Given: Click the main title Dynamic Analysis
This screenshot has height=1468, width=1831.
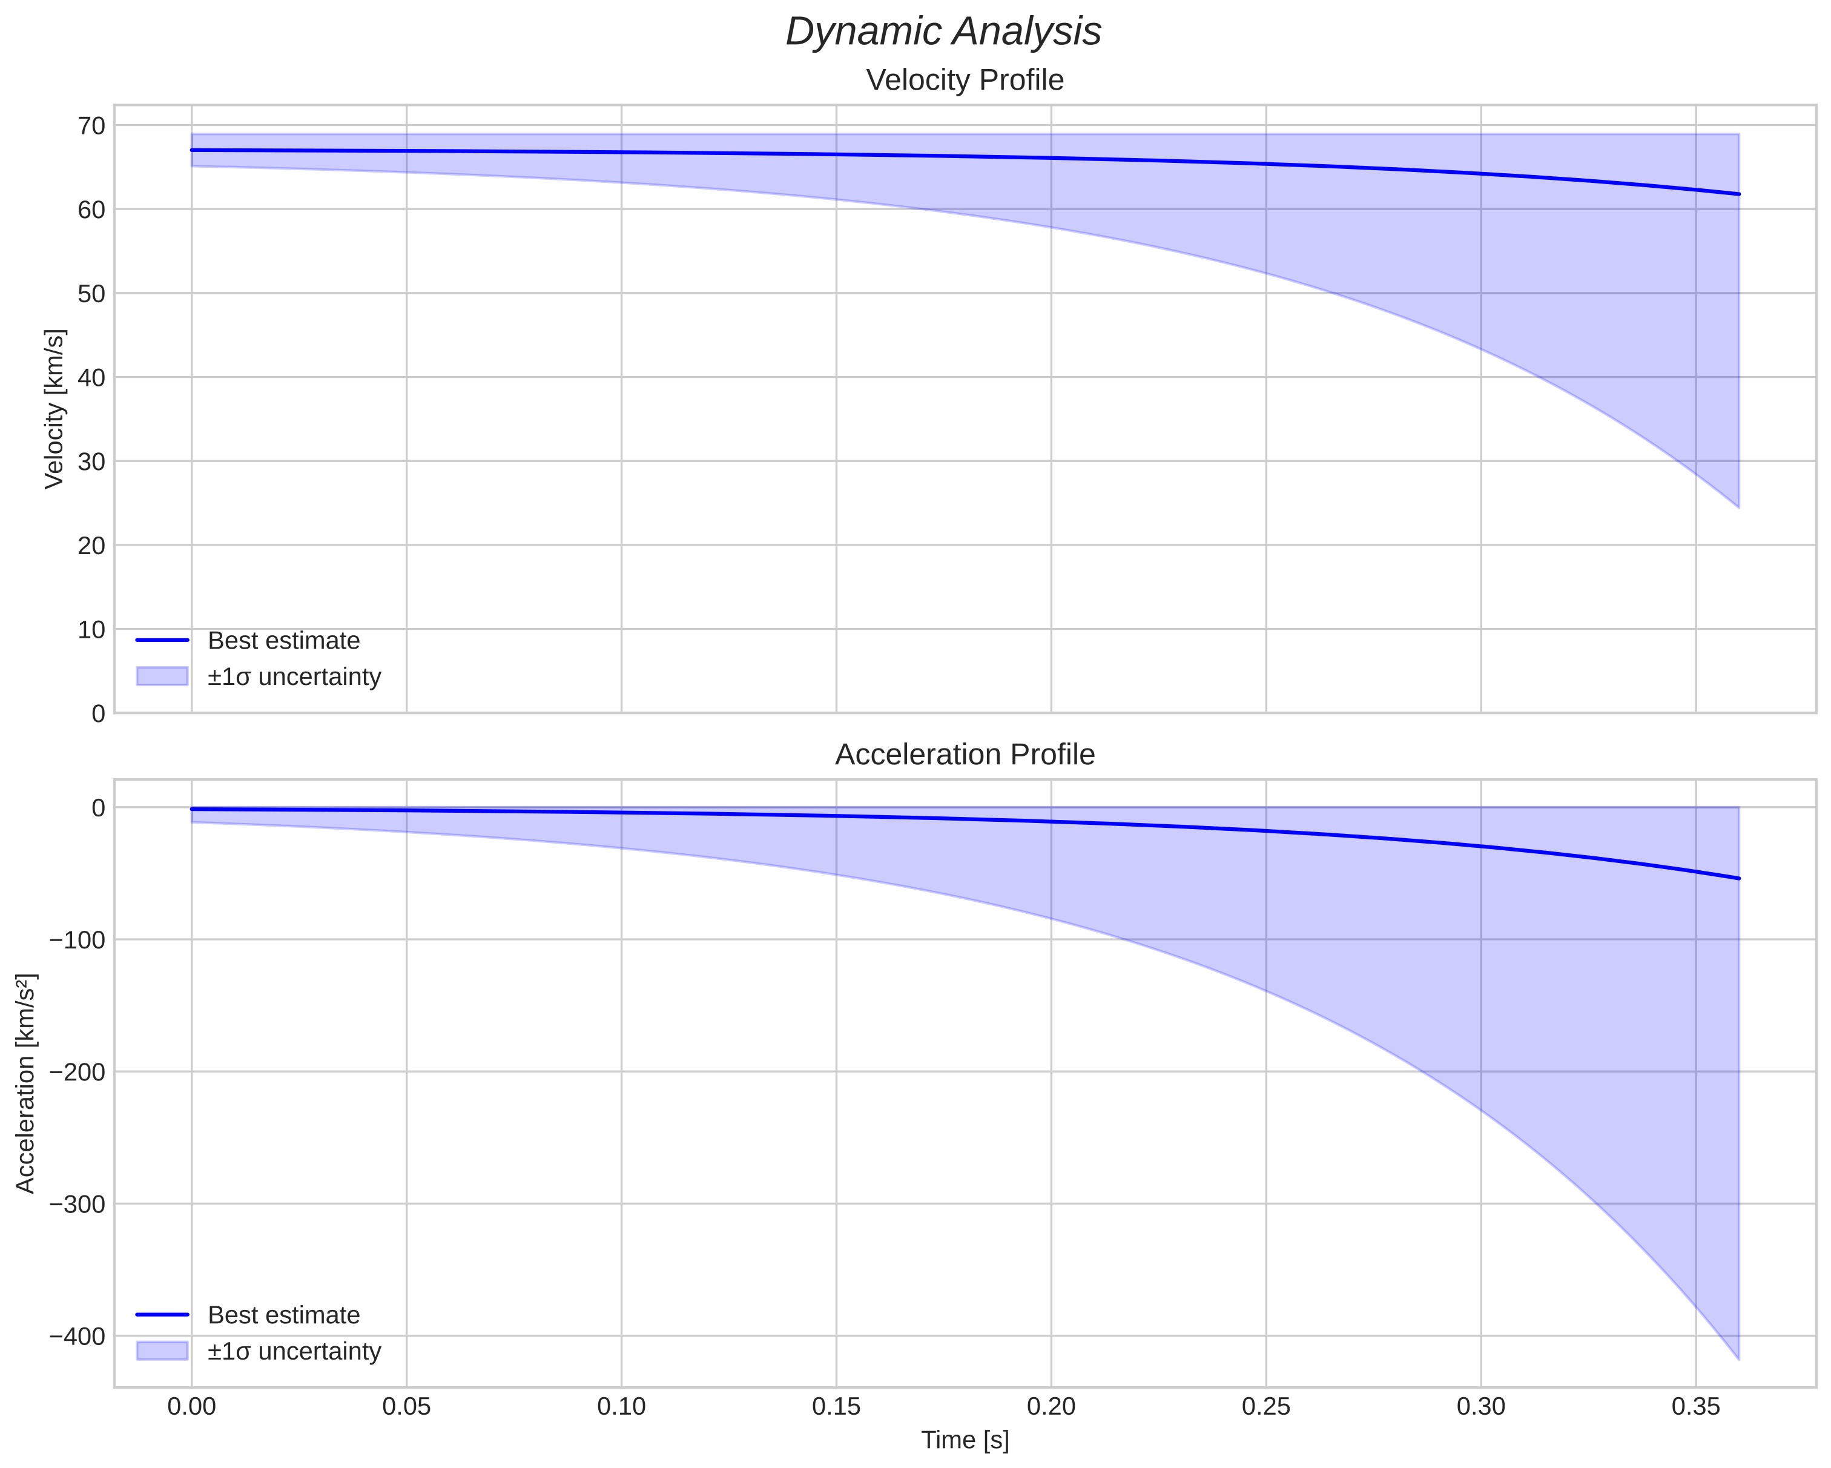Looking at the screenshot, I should coord(943,32).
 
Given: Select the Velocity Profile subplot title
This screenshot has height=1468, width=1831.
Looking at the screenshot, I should coord(964,81).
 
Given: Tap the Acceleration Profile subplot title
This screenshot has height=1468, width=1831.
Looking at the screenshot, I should coord(964,755).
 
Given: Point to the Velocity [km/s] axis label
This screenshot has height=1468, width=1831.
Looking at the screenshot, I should coord(54,409).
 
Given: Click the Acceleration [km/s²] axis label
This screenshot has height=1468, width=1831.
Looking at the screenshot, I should coord(26,1083).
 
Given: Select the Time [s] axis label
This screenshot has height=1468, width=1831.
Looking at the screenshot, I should coord(965,1440).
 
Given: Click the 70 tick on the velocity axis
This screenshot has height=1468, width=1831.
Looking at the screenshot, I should coord(91,126).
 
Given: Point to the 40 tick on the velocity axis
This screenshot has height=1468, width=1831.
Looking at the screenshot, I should coord(91,377).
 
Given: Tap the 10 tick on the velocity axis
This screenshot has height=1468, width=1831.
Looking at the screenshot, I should coord(91,629).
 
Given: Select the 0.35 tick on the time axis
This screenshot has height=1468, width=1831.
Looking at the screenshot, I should coord(1696,1407).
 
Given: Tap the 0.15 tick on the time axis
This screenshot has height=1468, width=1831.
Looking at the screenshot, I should coord(836,1407).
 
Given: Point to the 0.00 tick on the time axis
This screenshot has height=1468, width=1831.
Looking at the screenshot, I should coord(191,1407).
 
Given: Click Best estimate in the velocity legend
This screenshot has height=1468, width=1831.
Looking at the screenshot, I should coord(283,641).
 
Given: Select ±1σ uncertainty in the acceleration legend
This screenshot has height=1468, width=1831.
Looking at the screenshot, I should coord(294,1352).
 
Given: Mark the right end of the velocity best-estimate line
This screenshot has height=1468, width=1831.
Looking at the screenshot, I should coord(1738,194).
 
